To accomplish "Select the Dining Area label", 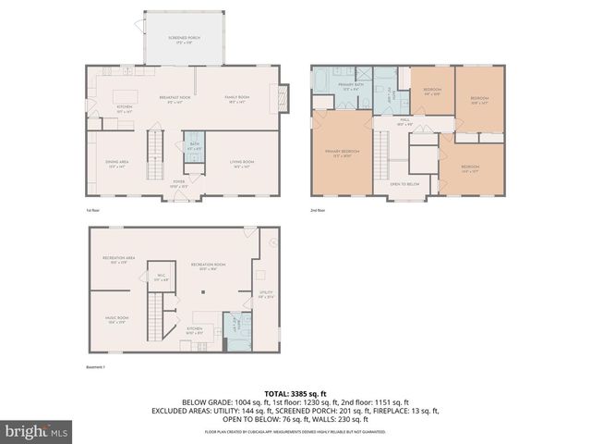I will click(116, 164).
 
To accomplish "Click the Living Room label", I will click(242, 164).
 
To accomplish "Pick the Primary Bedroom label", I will click(341, 153).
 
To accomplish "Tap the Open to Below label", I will click(405, 184).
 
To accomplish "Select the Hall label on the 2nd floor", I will click(405, 121).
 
